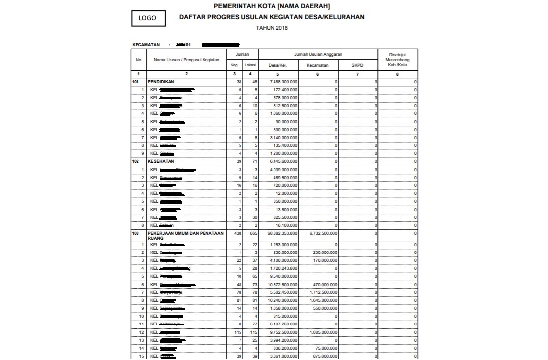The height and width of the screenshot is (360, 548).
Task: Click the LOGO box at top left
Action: click(147, 18)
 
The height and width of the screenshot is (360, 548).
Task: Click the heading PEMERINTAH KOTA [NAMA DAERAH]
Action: click(272, 6)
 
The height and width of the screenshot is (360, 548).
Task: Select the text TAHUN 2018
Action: click(272, 28)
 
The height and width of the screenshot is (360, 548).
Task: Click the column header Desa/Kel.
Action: click(278, 65)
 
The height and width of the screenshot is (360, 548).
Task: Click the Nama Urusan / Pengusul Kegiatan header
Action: click(186, 60)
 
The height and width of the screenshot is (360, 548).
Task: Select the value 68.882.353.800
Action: click(279, 233)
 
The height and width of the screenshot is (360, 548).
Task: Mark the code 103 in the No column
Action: click(136, 233)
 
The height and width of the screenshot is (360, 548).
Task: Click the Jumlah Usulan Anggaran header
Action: click(318, 54)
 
